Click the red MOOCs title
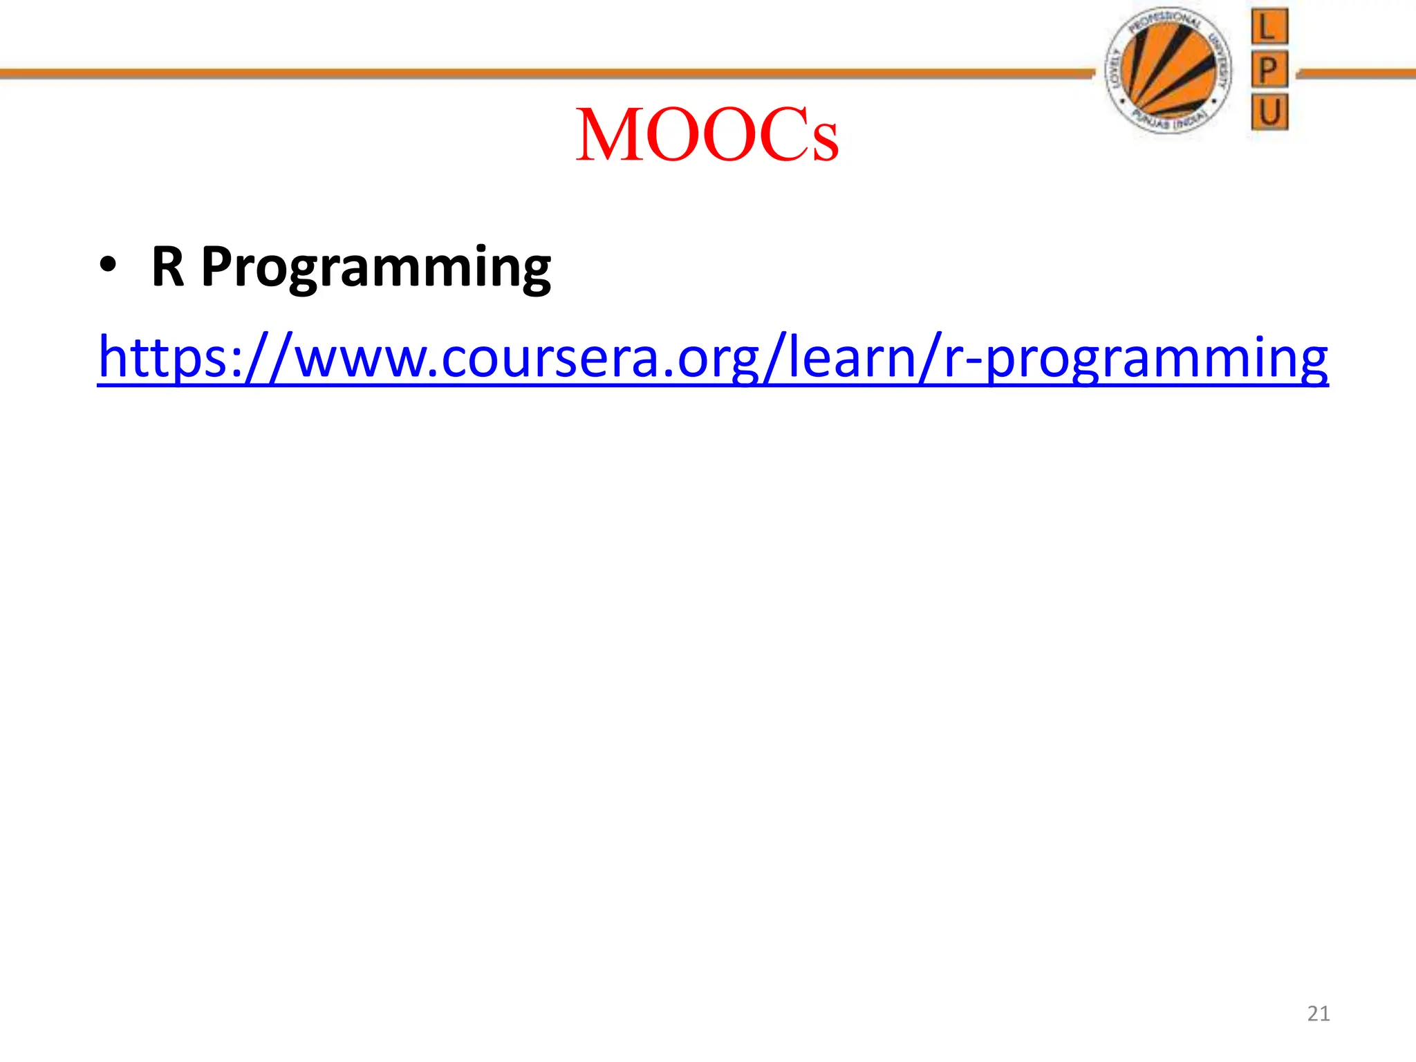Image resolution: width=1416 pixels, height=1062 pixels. [707, 136]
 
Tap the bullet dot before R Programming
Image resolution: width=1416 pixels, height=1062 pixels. [108, 267]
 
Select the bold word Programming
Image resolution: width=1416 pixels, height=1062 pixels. [376, 268]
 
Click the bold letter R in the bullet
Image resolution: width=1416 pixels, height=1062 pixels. [168, 267]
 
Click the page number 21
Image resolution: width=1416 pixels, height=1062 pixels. [1319, 1014]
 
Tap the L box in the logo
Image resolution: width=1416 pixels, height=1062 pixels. [1269, 28]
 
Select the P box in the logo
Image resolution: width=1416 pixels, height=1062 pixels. [1269, 69]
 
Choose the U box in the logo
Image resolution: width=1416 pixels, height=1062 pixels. [1269, 112]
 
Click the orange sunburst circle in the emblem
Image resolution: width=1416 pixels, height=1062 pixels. [1168, 69]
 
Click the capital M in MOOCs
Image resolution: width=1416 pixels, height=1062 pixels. [608, 136]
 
